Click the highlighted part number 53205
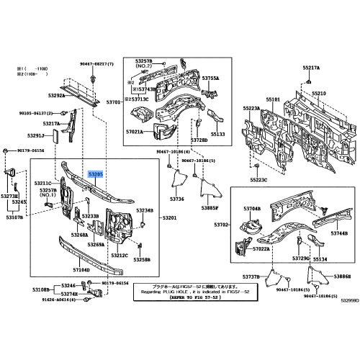[96, 174]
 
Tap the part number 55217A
[311, 67]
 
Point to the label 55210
[318, 94]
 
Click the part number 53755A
[210, 78]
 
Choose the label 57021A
[134, 132]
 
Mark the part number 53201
[170, 217]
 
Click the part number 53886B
[342, 276]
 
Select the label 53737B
[251, 276]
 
